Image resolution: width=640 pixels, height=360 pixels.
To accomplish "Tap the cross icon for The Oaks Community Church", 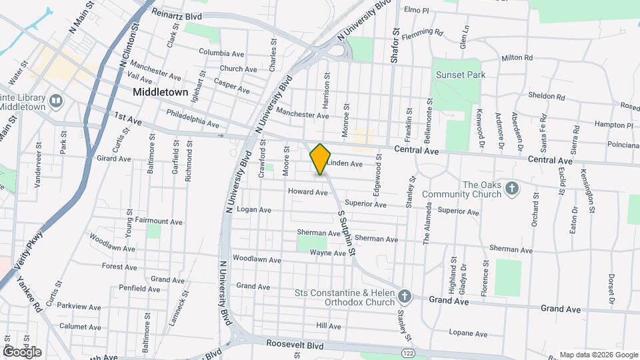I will (511, 189).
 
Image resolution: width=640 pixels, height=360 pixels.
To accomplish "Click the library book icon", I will (56, 101).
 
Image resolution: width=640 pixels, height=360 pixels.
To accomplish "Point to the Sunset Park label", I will (460, 75).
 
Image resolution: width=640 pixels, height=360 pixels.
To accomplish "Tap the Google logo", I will (22, 352).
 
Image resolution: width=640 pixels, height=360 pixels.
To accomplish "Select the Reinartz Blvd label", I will (175, 13).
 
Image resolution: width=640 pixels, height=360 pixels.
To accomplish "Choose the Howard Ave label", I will (307, 192).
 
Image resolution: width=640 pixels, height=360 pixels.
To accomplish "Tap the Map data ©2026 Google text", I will (597, 355).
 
